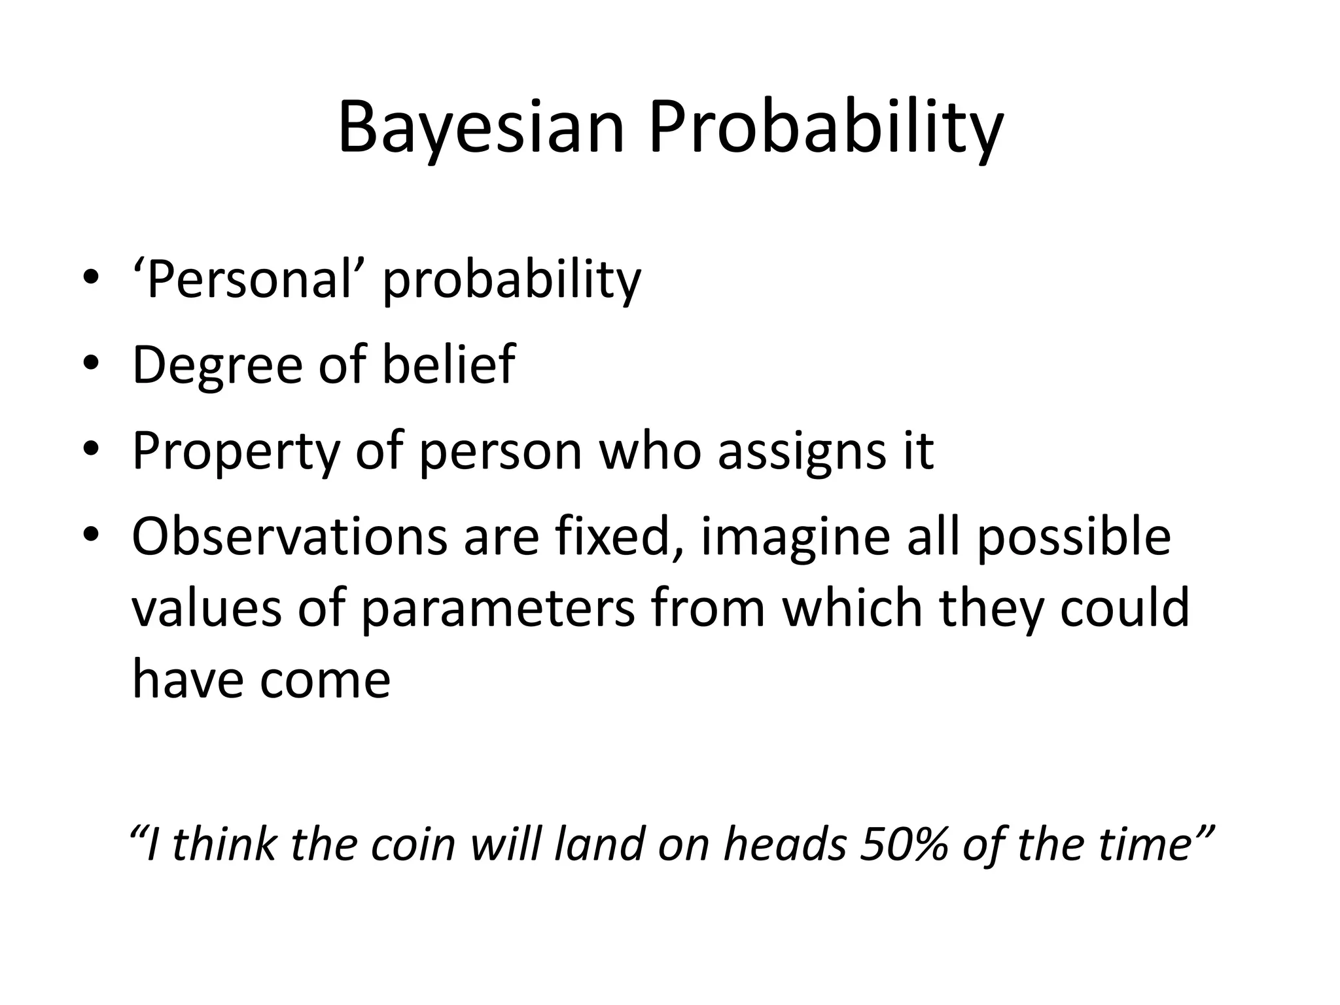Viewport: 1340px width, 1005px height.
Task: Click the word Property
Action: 236,451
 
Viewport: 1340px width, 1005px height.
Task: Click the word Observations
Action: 288,537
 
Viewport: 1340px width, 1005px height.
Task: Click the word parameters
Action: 497,608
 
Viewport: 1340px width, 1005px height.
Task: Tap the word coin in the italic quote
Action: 413,844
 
